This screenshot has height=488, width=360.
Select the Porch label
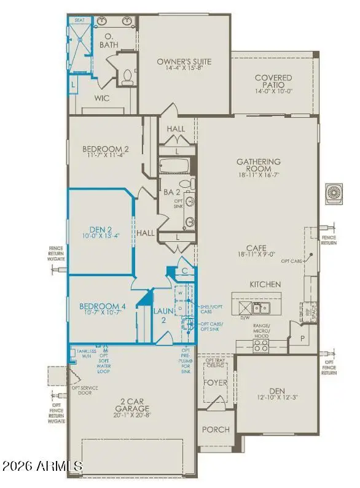(216, 430)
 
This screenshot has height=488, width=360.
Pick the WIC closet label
(102, 98)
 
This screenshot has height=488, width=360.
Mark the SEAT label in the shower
(79, 20)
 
